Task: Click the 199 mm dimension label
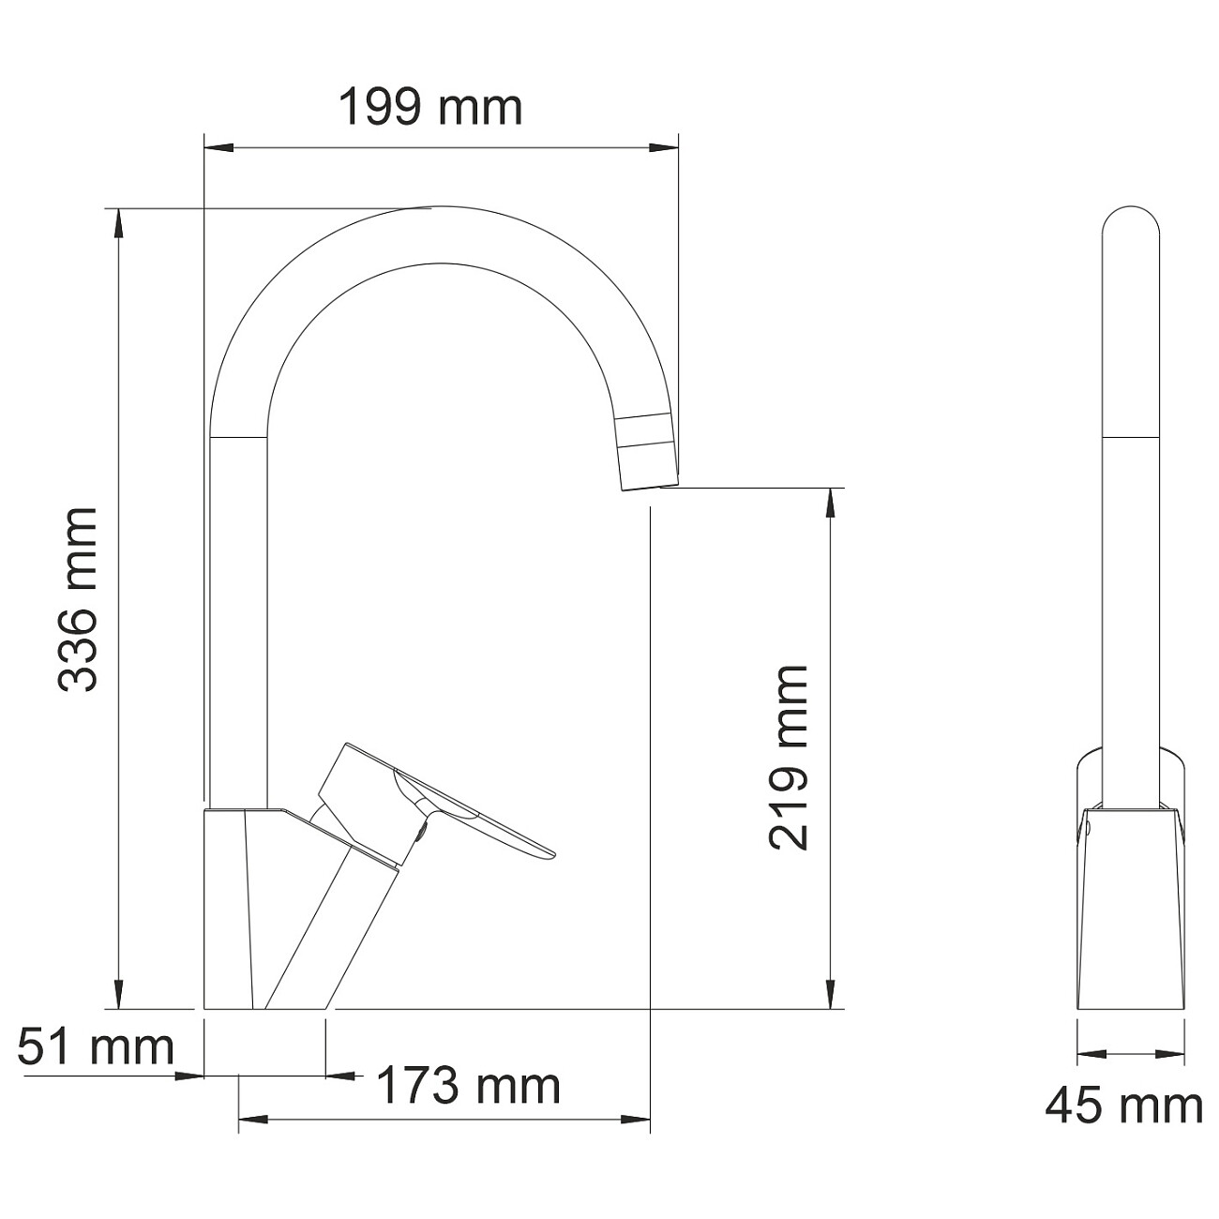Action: click(x=429, y=108)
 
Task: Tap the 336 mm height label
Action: click(x=78, y=600)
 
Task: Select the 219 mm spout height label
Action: click(x=788, y=758)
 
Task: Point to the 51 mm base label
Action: click(x=97, y=1046)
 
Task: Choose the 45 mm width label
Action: click(x=1123, y=1106)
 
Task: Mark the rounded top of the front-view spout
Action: click(x=1131, y=220)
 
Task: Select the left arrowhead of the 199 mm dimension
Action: click(x=218, y=147)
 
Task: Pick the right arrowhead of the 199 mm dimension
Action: click(x=665, y=147)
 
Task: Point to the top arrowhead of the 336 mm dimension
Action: click(x=118, y=221)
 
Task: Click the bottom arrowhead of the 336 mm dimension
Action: click(x=118, y=996)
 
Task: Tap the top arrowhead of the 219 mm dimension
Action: click(x=830, y=502)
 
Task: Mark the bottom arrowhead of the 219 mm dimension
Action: click(x=830, y=996)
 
